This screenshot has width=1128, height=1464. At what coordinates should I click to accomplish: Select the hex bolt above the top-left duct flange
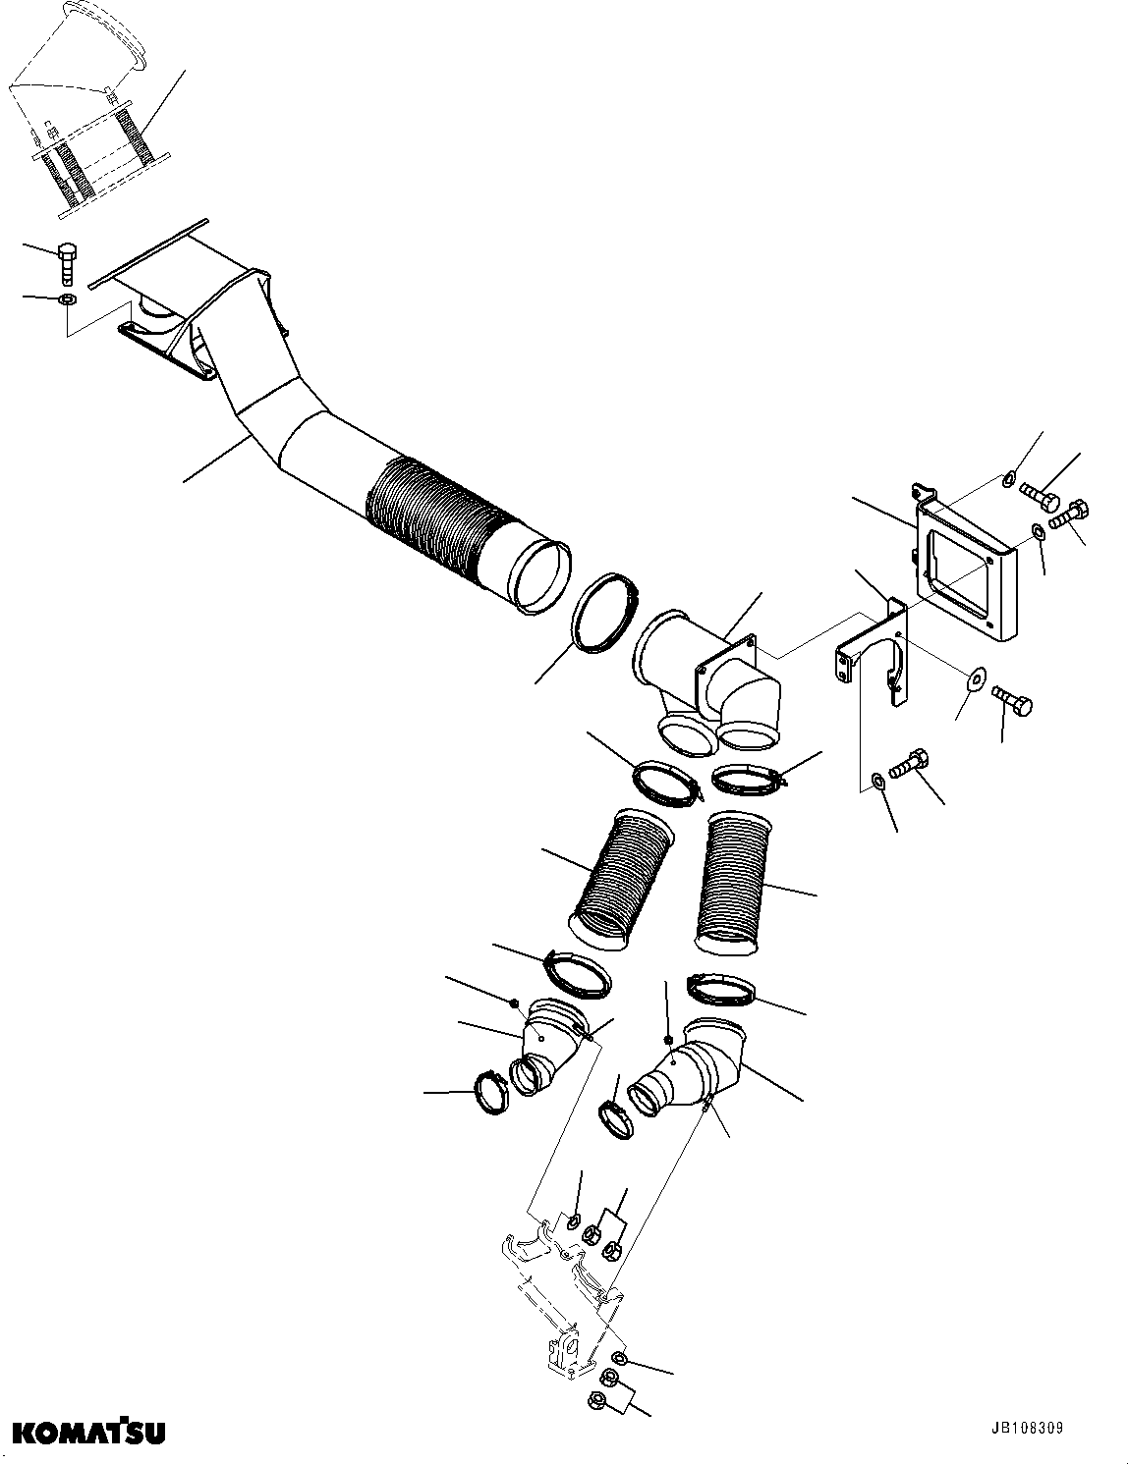[68, 261]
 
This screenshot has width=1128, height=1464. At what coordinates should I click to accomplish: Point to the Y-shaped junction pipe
[707, 678]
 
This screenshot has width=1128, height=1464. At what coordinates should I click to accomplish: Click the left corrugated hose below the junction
[623, 880]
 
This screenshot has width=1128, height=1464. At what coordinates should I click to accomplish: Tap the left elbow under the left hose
[545, 1051]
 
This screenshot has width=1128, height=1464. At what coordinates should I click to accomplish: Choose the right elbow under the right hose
[688, 1070]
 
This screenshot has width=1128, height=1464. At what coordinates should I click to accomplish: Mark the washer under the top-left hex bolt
[67, 298]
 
